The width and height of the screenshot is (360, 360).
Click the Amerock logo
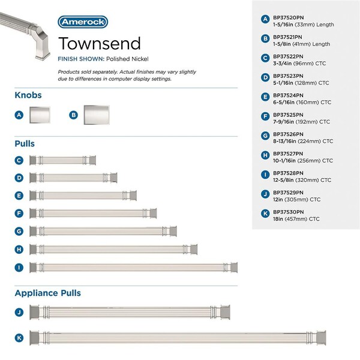click(83, 22)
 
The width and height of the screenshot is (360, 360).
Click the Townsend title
click(99, 43)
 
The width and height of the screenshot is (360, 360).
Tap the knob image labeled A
click(40, 114)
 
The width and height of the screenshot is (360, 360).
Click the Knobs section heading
click(28, 95)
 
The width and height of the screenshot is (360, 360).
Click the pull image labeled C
click(62, 160)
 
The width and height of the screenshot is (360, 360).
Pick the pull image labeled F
click(93, 213)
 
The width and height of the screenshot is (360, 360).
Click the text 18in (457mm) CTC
click(296, 220)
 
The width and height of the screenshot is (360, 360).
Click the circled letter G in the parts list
click(265, 136)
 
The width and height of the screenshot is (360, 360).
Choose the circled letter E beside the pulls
click(19, 196)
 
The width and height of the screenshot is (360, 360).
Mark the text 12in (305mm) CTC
click(296, 200)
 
